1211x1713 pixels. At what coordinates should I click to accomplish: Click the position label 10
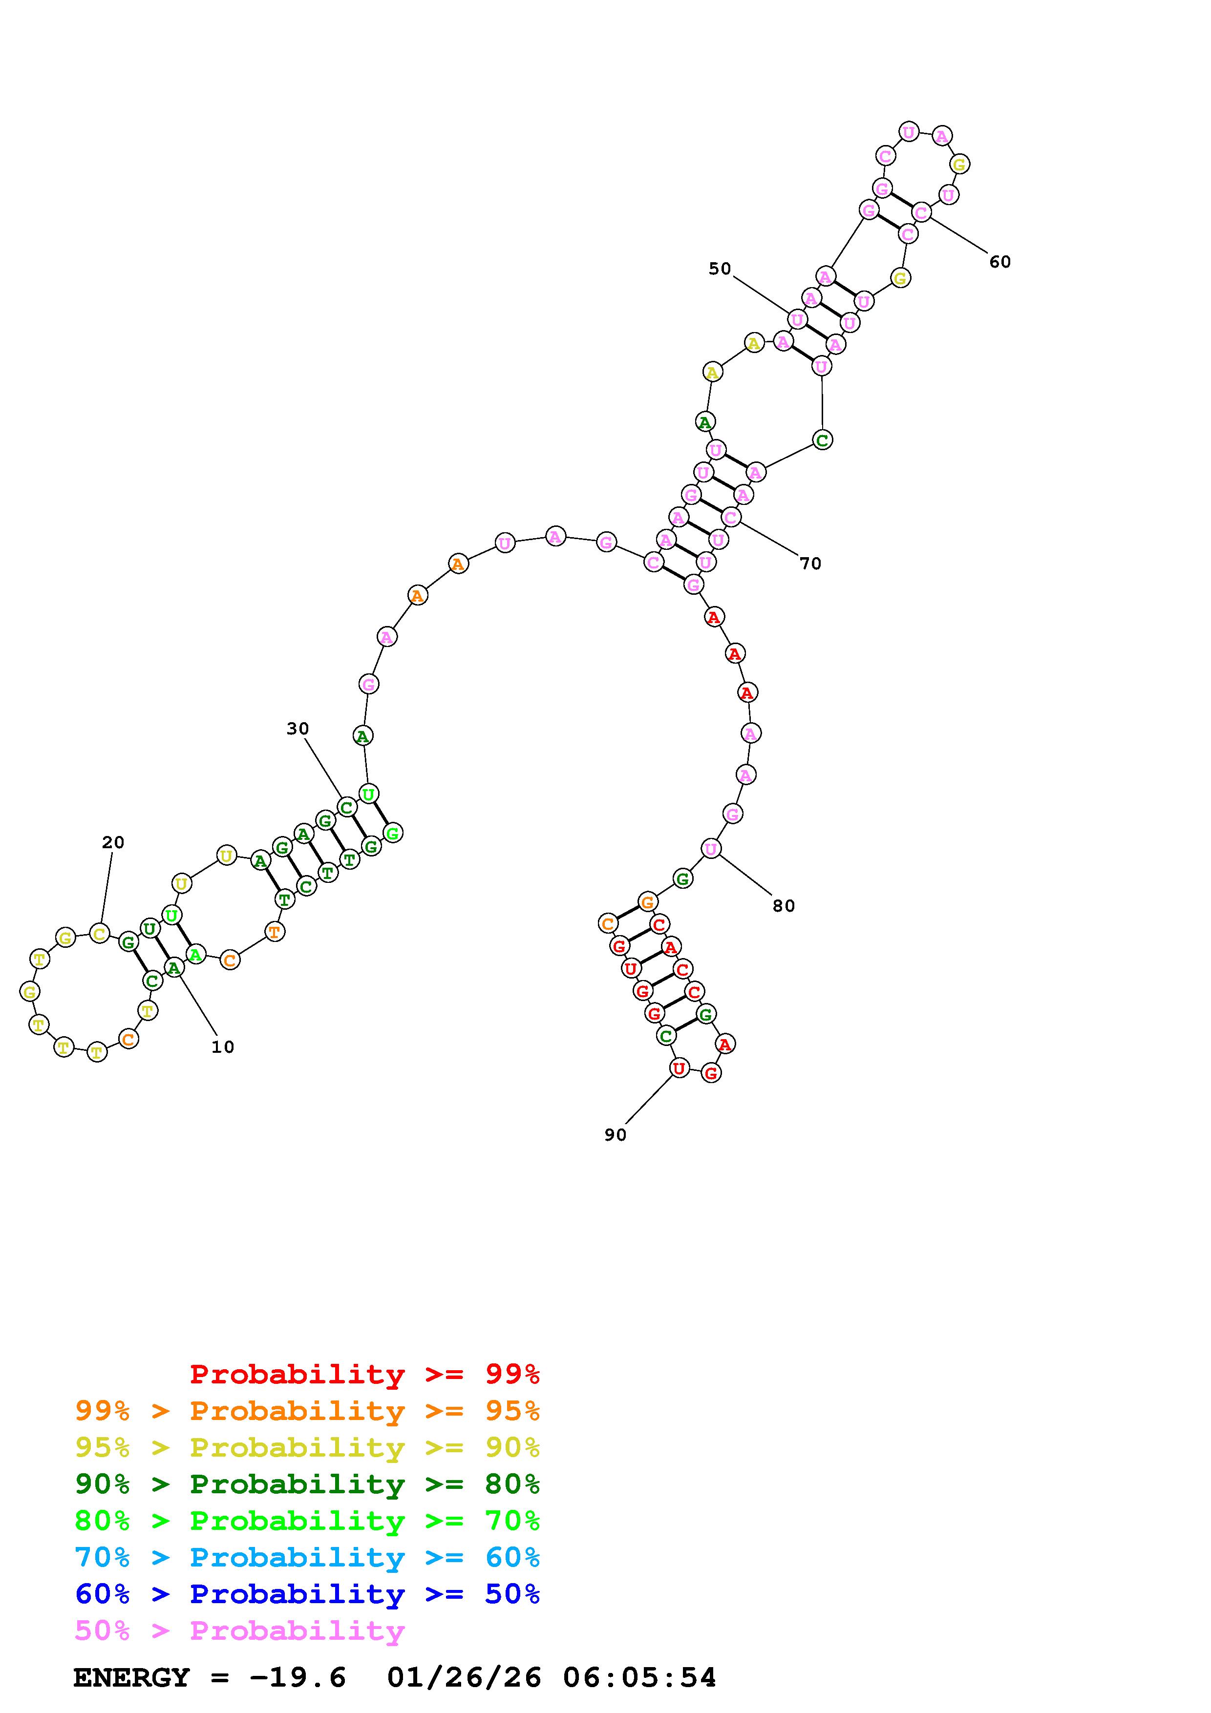pyautogui.click(x=222, y=1047)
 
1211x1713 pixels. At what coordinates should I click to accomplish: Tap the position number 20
pyautogui.click(x=113, y=842)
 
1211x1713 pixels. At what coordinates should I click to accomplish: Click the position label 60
pyautogui.click(x=1000, y=262)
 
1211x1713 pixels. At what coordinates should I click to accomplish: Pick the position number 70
pyautogui.click(x=810, y=564)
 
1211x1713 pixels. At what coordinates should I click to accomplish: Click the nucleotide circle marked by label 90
pyautogui.click(x=678, y=1068)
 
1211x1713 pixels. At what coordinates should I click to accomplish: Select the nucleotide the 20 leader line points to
pyautogui.click(x=99, y=933)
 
